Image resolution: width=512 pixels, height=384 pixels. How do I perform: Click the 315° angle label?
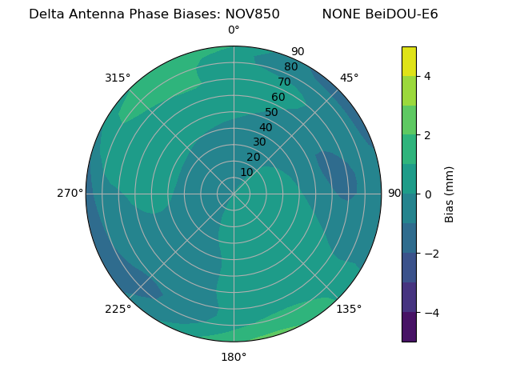[118, 78]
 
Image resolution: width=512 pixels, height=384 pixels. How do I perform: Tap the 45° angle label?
[349, 78]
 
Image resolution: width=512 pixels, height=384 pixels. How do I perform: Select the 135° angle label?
[349, 309]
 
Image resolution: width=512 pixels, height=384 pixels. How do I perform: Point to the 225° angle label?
[118, 309]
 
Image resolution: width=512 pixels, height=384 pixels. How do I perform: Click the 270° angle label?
[70, 194]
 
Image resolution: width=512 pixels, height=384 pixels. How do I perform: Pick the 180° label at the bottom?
[234, 357]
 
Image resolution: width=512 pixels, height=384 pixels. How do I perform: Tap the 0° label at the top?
[234, 30]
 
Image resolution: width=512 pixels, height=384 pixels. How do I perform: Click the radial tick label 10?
[246, 172]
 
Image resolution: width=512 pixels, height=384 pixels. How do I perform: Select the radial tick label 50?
[272, 112]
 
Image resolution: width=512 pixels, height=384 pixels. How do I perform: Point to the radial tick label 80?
[291, 67]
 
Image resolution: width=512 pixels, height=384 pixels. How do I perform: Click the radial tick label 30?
[259, 142]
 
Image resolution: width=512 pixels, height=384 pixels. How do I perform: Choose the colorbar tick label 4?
[428, 76]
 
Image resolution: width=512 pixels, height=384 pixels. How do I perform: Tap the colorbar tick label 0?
[428, 194]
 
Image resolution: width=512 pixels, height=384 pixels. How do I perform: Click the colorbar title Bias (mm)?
[450, 194]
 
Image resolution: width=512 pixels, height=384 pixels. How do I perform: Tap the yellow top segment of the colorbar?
[409, 61]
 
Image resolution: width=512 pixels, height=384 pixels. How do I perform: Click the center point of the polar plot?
[234, 194]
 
